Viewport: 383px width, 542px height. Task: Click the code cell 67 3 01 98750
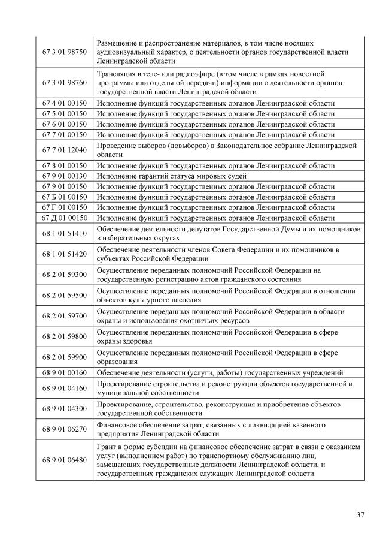tap(64, 52)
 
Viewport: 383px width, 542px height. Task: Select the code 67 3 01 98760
tap(64, 83)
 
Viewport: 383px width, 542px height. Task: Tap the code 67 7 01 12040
tap(64, 150)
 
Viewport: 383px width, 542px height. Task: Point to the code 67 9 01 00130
tap(64, 176)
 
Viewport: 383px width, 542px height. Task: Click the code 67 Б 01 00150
tap(64, 197)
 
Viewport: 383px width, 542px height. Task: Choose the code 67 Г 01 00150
tap(64, 207)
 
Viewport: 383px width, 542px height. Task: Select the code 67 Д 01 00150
tap(64, 218)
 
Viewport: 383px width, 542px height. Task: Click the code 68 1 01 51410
tap(64, 233)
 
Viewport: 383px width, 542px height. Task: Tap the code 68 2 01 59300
tap(64, 275)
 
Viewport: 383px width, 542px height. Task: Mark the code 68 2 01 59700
tap(64, 316)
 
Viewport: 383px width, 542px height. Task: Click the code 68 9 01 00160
tap(64, 372)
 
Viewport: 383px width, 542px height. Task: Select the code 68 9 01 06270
tap(64, 429)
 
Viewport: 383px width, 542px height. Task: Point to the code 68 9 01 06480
tap(64, 460)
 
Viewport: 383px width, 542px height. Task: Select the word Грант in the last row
tap(106, 447)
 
